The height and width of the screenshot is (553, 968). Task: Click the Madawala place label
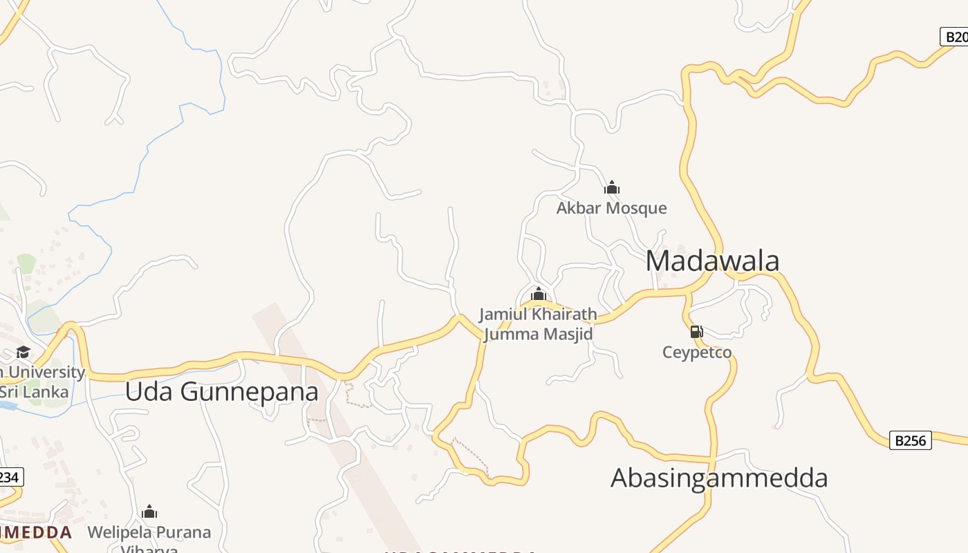(712, 261)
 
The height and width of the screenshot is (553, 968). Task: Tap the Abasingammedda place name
(719, 478)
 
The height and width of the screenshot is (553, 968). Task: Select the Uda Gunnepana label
(221, 391)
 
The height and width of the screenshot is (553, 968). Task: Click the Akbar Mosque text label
(612, 208)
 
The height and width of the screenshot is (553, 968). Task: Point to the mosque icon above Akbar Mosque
(612, 187)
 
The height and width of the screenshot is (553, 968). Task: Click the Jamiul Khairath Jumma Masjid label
(538, 324)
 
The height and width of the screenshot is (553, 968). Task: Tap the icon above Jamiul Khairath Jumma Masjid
(539, 294)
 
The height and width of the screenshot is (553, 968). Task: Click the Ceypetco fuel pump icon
(697, 332)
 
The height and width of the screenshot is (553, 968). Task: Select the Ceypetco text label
(697, 353)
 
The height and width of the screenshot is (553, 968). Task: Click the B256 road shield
(910, 440)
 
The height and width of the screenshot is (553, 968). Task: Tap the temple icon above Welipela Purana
(149, 512)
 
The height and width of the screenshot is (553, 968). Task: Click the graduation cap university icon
(23, 353)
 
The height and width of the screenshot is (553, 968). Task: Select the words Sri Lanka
(35, 392)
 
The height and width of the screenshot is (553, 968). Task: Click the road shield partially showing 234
(10, 477)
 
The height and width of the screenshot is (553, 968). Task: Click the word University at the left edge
(45, 372)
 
